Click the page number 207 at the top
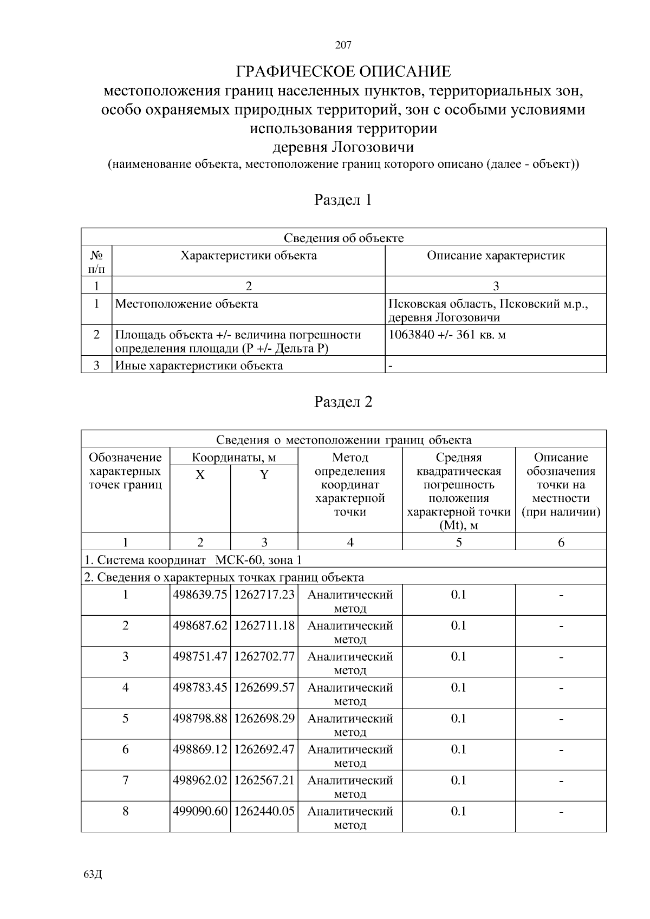pos(343,45)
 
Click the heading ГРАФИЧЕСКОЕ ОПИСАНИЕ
pos(343,71)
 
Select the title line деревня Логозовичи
pos(343,147)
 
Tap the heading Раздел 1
pos(343,200)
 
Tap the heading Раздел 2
pos(343,402)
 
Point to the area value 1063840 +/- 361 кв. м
pos(447,335)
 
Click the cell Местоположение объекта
pos(187,304)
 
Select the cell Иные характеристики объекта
pos(199,366)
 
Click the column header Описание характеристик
pos(496,256)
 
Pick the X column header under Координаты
pos(200,475)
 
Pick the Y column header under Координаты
pos(264,475)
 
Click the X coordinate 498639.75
pos(200,595)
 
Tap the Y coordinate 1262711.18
pos(264,625)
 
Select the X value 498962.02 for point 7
pos(200,780)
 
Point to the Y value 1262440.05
pos(264,811)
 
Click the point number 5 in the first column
pos(126,719)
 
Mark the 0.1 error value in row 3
pos(458,656)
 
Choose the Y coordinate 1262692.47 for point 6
pos(264,749)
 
